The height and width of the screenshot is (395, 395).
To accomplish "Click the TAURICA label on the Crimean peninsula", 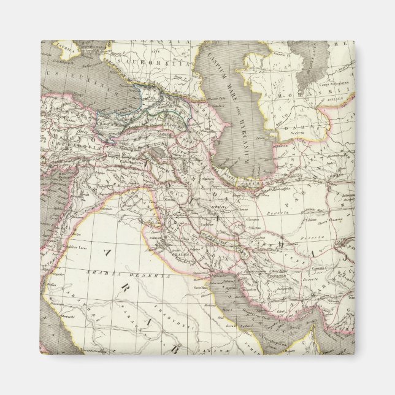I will tap(58, 45).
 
